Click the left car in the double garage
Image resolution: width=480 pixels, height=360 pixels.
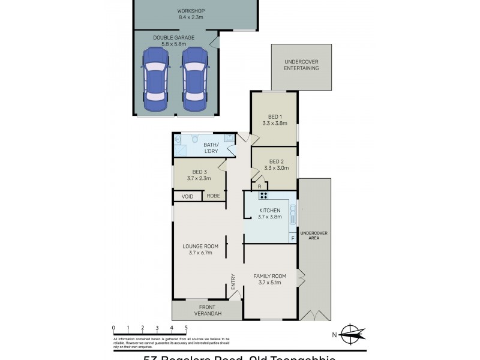154,79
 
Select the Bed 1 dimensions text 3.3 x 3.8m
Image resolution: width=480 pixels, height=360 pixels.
275,123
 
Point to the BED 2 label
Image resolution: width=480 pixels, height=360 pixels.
276,161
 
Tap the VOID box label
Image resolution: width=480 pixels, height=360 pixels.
187,196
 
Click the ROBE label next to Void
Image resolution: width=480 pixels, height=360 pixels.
213,196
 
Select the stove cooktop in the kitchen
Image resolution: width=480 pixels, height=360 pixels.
263,195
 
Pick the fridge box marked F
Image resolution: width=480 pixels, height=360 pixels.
293,238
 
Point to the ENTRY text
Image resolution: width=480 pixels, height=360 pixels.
233,281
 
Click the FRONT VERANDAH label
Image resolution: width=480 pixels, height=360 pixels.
208,310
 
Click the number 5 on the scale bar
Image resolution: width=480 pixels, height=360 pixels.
186,328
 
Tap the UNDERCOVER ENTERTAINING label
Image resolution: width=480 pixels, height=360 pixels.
301,65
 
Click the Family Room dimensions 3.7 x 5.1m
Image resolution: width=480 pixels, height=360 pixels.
270,283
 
